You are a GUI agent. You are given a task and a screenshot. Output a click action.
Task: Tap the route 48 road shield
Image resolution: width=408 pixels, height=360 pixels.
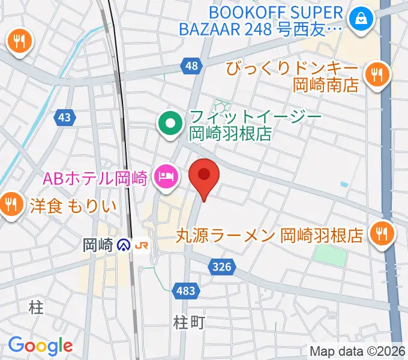tap(191, 67)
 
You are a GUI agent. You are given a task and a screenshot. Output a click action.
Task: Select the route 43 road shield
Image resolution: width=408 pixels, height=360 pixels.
tap(66, 118)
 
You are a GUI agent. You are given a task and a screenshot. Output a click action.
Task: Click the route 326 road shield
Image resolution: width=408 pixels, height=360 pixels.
tap(221, 264)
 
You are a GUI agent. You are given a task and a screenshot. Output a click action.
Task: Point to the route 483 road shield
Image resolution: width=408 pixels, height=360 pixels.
tap(186, 291)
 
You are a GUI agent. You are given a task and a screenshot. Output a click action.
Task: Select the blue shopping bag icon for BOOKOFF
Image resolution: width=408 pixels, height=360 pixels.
tap(362, 20)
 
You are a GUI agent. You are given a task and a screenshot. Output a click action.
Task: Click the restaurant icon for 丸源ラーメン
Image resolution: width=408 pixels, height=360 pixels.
tap(380, 233)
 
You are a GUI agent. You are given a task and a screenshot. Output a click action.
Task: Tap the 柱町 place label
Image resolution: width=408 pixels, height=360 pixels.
tap(189, 322)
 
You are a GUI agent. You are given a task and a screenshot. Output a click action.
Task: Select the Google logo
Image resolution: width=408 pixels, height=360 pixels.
tap(40, 345)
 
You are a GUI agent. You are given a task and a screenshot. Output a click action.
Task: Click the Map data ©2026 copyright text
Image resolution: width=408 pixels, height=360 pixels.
tap(358, 351)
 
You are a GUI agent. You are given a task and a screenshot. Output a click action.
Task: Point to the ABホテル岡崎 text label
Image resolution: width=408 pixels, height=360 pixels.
tap(94, 177)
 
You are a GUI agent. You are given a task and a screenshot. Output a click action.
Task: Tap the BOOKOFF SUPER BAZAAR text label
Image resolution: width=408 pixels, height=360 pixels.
tap(277, 20)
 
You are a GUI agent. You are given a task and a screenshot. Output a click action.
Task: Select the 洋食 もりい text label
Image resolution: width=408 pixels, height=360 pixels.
tap(72, 206)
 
